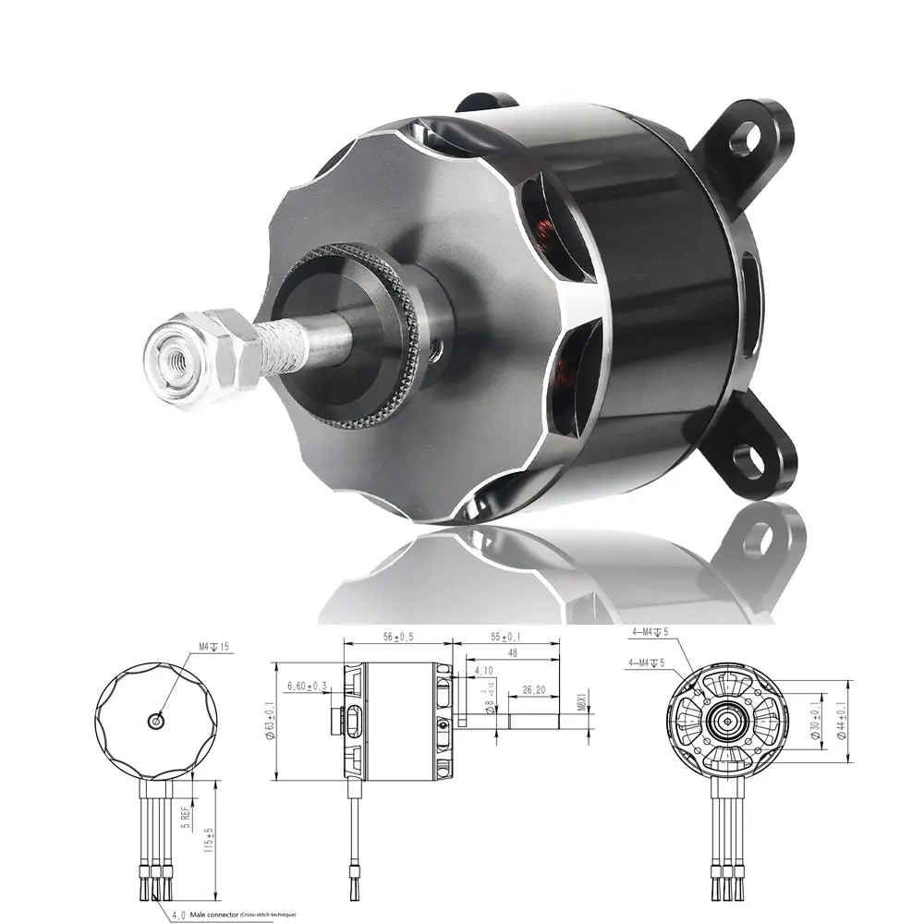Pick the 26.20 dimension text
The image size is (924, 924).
point(534,688)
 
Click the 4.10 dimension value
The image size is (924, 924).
point(482,671)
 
